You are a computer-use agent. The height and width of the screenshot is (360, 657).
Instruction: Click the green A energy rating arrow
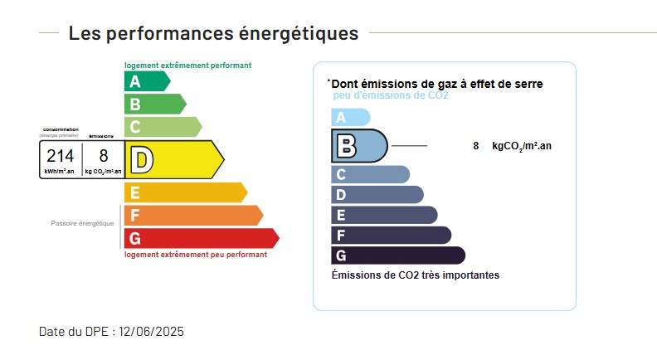(146, 81)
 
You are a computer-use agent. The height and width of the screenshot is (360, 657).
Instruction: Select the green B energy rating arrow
(154, 105)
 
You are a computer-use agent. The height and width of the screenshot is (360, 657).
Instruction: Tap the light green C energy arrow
(162, 127)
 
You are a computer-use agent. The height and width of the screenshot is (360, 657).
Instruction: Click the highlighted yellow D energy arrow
(173, 159)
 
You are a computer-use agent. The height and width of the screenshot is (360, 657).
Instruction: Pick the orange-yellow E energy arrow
(184, 192)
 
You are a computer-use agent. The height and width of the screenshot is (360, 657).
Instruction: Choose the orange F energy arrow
(192, 216)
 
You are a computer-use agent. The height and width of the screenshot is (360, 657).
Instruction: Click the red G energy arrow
(200, 239)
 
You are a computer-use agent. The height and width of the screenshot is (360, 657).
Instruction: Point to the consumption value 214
(60, 156)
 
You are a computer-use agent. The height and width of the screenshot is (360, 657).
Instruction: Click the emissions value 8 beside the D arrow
(104, 156)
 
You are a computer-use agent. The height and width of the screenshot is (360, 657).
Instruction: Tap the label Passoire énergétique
(82, 223)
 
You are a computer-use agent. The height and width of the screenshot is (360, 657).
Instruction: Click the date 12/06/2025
(151, 332)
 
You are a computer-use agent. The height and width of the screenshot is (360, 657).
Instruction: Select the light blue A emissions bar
(349, 118)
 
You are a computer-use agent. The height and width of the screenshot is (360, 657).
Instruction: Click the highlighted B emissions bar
(359, 146)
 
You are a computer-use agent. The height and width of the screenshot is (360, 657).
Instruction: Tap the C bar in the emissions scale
(370, 174)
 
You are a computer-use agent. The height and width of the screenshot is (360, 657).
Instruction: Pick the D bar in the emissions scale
(377, 195)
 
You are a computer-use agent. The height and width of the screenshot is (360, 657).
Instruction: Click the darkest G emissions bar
(397, 255)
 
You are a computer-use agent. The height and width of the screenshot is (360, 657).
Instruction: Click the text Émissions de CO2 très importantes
(415, 275)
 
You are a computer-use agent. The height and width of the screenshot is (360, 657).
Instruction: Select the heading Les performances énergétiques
(213, 33)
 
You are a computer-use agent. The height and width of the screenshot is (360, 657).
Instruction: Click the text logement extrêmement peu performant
(196, 255)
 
